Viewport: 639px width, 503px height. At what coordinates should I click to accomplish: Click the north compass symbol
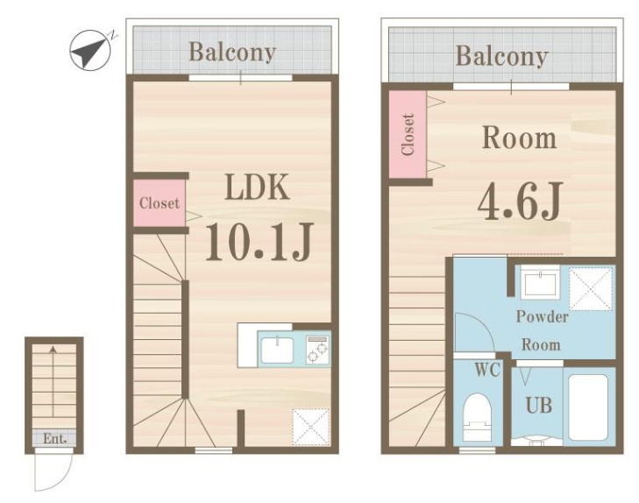click(x=90, y=50)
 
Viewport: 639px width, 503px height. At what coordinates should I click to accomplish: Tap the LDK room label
click(x=257, y=187)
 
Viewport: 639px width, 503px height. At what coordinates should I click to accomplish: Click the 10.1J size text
click(x=259, y=242)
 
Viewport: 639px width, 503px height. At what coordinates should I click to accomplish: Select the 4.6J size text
click(x=521, y=201)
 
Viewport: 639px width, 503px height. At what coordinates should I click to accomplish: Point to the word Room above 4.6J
click(x=519, y=138)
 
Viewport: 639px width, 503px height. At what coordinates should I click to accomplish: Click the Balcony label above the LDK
click(x=232, y=52)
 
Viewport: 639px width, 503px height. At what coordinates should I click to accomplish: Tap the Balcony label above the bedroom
click(x=501, y=56)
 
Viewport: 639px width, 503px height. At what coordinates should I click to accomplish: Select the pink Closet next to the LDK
click(x=160, y=202)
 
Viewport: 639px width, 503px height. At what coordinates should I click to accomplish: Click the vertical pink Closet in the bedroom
click(x=408, y=134)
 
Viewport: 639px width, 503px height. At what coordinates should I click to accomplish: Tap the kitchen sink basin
click(x=277, y=350)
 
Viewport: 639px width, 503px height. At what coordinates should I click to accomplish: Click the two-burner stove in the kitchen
click(x=318, y=350)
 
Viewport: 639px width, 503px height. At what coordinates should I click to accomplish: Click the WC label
click(x=487, y=370)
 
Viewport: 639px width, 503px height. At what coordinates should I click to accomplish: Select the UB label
click(x=539, y=406)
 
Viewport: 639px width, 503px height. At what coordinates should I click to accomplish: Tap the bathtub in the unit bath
click(x=588, y=407)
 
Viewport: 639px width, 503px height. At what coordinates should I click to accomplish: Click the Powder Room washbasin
click(x=541, y=284)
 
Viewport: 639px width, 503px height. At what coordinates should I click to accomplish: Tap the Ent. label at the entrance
click(x=54, y=439)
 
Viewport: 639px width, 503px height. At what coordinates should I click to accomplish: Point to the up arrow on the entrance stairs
click(x=53, y=381)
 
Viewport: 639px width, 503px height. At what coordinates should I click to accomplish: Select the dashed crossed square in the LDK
click(x=310, y=427)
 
